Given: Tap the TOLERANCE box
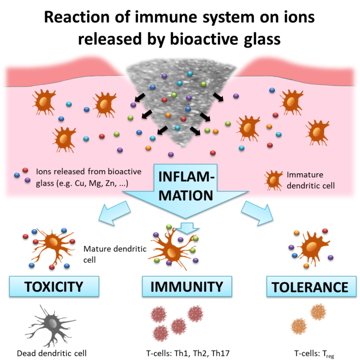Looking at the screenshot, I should [307, 287].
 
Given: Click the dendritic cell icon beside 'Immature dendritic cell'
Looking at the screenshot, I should [273, 179].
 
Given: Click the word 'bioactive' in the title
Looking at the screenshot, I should [196, 39].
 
